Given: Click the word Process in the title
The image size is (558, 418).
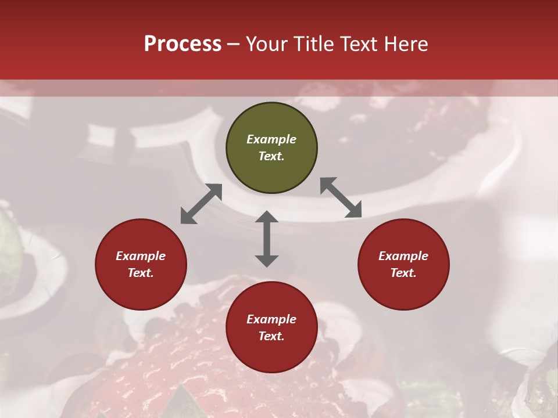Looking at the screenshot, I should (183, 44).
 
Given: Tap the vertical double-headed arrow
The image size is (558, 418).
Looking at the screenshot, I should (267, 239).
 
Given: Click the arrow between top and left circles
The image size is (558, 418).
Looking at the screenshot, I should (201, 204).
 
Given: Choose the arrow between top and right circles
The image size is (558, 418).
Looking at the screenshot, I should (341, 197).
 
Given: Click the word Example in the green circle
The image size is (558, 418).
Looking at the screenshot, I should (271, 139).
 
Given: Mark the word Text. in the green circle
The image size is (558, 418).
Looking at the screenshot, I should (271, 156).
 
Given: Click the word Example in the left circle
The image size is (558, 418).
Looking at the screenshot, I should (141, 256).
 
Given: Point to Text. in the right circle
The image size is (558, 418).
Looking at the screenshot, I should (403, 273).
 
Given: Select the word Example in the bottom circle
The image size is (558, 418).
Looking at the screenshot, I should (271, 319).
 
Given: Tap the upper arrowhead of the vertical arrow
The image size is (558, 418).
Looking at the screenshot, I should (267, 217).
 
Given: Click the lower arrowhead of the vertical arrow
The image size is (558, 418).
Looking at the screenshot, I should (267, 261).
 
